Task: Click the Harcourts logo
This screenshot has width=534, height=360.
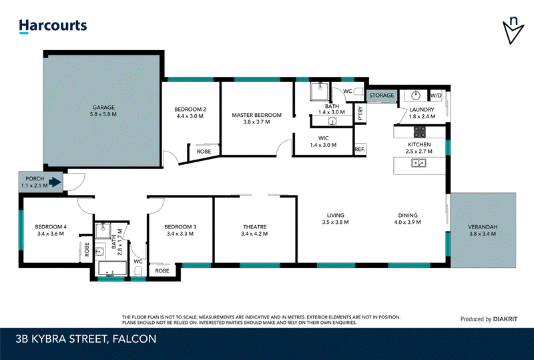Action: [53, 26]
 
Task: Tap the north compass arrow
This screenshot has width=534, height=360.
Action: [513, 32]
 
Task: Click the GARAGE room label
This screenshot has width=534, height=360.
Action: [103, 107]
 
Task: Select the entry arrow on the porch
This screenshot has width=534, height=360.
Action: [55, 182]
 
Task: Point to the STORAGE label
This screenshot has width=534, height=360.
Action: [381, 96]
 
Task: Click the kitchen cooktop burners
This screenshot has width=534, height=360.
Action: [420, 132]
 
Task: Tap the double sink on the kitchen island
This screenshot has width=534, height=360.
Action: [419, 163]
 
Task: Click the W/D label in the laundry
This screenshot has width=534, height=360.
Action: [436, 96]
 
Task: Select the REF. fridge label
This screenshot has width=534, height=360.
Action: [360, 150]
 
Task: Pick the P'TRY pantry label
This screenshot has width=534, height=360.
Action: [360, 113]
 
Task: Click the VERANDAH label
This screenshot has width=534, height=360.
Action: [483, 226]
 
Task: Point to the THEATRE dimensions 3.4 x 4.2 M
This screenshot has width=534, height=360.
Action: [254, 234]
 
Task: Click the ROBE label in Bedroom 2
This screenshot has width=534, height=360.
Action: [204, 152]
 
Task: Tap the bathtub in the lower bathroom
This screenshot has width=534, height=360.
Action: [112, 268]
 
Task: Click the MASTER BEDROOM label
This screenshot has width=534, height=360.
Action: [257, 115]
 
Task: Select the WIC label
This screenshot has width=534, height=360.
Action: [324, 138]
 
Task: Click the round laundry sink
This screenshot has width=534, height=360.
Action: [416, 96]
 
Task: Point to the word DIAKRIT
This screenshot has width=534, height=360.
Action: [505, 319]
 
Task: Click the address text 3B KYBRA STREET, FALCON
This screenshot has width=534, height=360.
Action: [86, 339]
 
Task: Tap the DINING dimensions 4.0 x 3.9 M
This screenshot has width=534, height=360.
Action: [408, 222]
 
